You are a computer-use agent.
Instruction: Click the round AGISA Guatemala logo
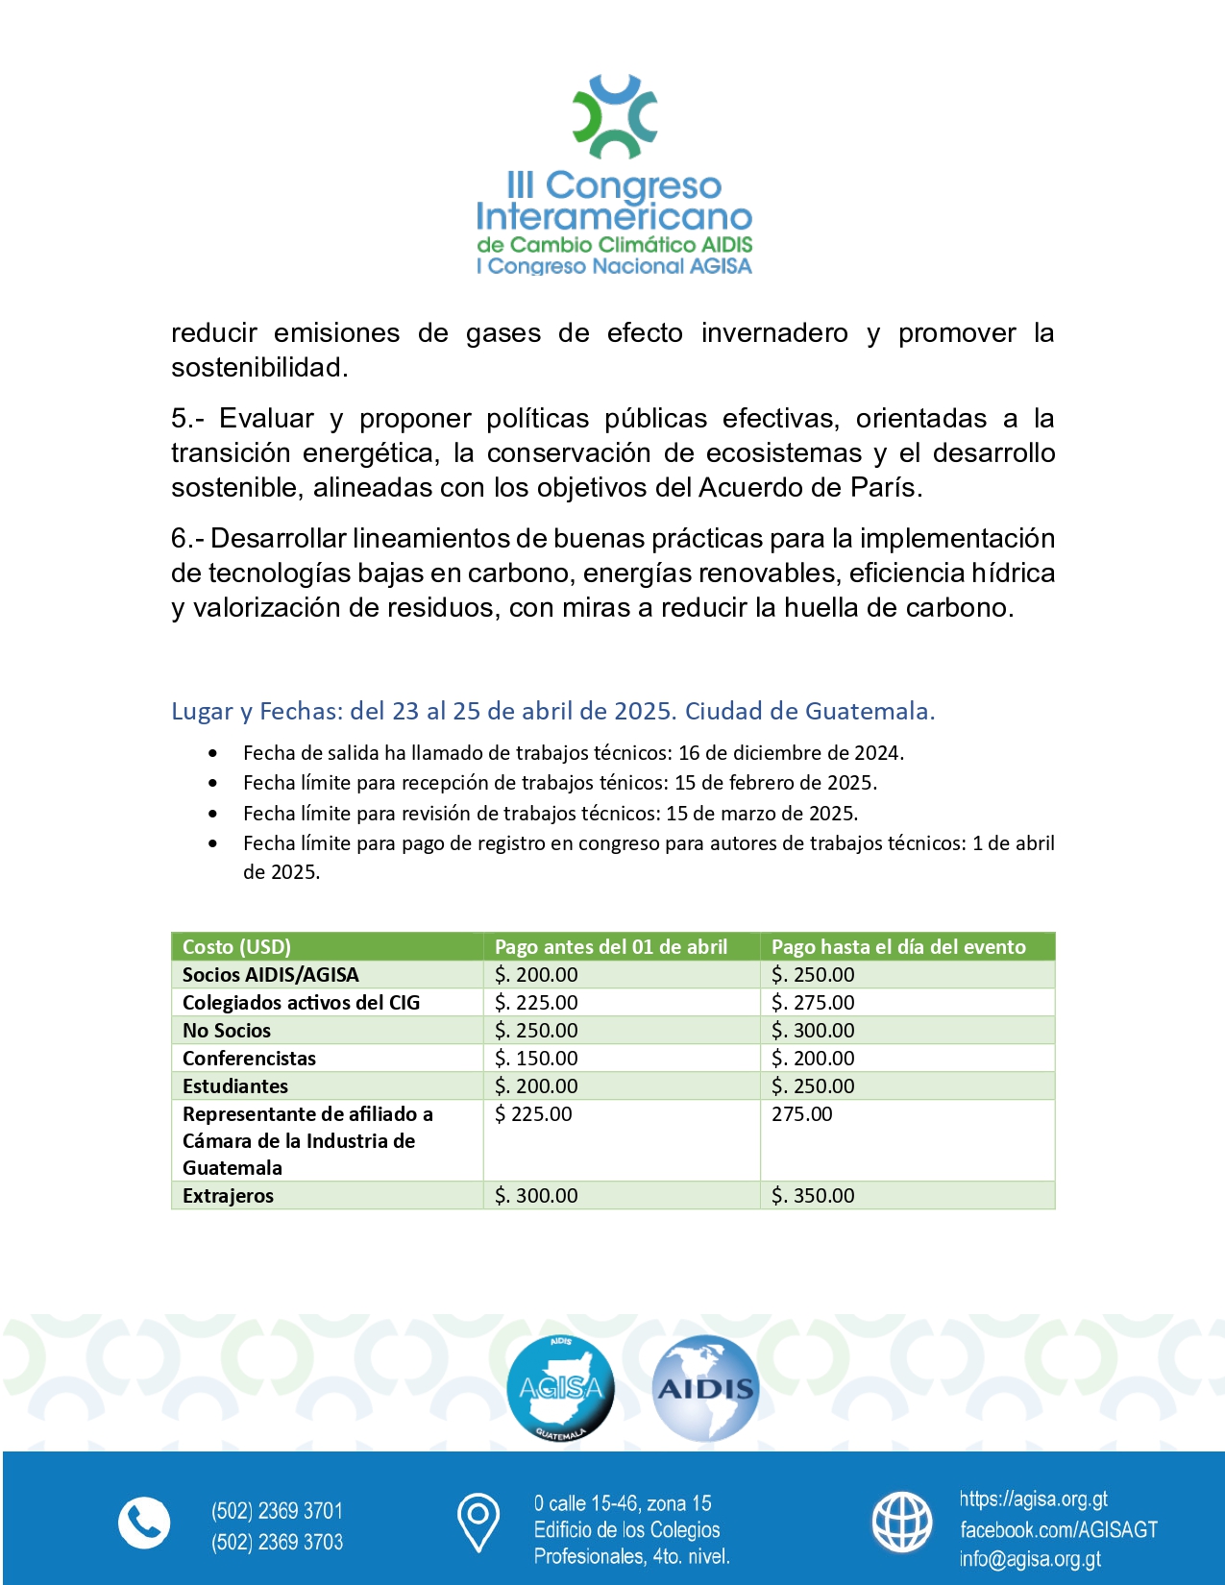point(560,1389)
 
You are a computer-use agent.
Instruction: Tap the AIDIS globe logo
point(706,1389)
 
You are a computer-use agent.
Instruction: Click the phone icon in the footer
point(144,1524)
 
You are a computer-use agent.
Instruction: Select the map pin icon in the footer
point(478,1523)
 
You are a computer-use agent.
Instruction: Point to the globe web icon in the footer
point(901,1523)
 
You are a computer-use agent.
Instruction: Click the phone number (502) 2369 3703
point(277,1542)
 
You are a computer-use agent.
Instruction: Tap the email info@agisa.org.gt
point(1030,1559)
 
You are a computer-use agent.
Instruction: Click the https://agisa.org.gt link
point(1033,1500)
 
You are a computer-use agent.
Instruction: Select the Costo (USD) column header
point(236,946)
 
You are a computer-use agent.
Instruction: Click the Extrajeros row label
point(228,1195)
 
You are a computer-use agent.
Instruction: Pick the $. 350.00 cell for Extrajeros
point(813,1195)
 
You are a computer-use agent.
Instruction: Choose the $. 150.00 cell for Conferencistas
point(536,1058)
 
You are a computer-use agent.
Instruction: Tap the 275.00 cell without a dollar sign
point(802,1114)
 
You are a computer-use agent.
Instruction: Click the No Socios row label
point(227,1030)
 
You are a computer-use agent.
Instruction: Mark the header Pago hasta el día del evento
point(898,946)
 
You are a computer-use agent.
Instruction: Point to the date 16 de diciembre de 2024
point(790,753)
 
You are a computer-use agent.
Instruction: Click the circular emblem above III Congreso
point(615,116)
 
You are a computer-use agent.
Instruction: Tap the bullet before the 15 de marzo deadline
point(212,814)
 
